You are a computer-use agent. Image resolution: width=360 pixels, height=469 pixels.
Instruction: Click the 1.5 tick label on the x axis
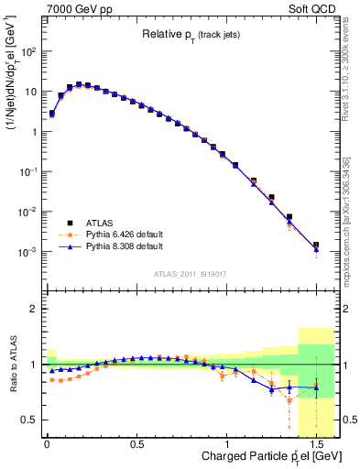pos(315,443)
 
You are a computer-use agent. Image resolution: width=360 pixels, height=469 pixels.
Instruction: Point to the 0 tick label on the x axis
pos(47,443)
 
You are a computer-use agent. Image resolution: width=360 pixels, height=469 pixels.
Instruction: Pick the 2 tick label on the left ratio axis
pos(32,309)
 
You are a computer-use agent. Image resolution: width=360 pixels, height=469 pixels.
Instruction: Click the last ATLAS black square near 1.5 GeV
pos(315,245)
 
